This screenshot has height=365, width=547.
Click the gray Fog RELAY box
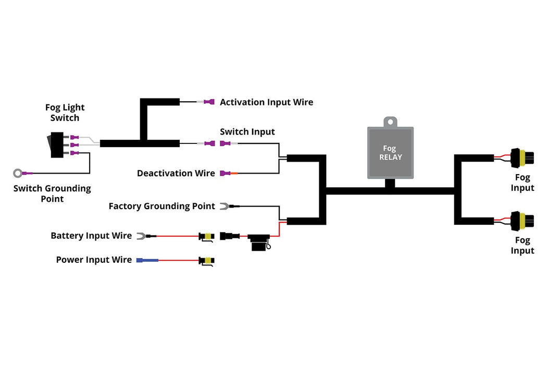(x=391, y=152)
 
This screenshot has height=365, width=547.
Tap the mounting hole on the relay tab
(x=391, y=121)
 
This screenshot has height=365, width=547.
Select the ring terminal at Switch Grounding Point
(x=19, y=173)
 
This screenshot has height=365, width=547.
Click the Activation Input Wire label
(x=266, y=102)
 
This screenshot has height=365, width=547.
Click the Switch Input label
(x=247, y=132)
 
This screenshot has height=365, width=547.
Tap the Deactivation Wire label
(x=176, y=173)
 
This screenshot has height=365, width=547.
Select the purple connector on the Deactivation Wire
(x=225, y=173)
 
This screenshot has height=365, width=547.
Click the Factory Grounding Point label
(x=161, y=206)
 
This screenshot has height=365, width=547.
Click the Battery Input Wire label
(x=91, y=236)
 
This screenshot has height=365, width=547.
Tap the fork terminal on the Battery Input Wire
(x=141, y=236)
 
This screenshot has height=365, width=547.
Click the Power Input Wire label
(x=94, y=260)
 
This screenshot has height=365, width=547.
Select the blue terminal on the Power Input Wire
(x=147, y=260)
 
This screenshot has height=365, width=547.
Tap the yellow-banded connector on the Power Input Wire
(x=207, y=260)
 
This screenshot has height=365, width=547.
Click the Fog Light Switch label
(x=65, y=113)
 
